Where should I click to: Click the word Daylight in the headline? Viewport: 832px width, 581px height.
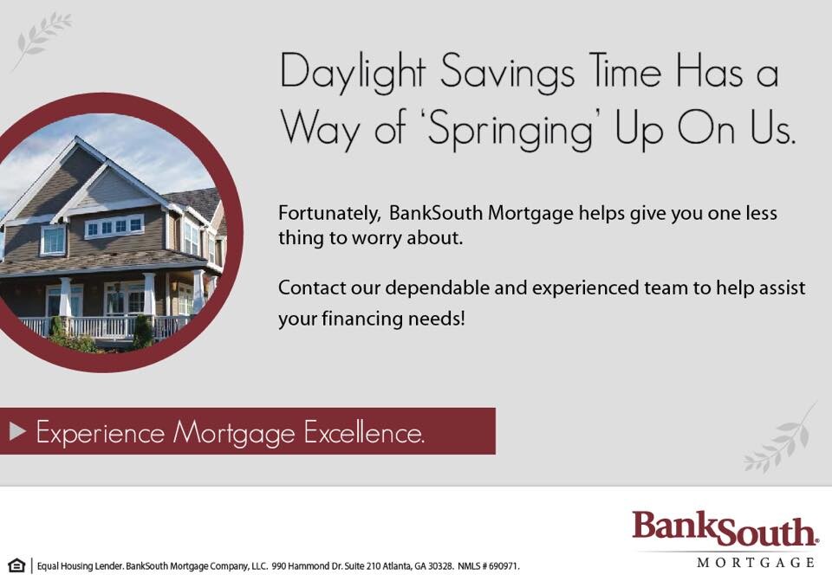(353, 73)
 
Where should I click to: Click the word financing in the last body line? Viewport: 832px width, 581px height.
(362, 320)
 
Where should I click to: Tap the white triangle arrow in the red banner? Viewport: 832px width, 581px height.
(17, 431)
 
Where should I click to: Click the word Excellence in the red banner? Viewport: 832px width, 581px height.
(364, 433)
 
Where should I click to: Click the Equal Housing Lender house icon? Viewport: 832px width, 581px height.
(16, 565)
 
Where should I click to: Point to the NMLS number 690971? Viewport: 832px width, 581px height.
(504, 566)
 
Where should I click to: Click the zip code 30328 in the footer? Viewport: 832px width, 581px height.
(440, 566)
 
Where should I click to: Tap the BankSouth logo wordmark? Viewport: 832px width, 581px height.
(725, 529)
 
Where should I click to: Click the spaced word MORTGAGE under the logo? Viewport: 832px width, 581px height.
(756, 563)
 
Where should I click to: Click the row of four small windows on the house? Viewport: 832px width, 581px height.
(114, 226)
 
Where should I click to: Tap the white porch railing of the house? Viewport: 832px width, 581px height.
(101, 326)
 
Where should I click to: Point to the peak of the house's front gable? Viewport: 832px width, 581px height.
(78, 138)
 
